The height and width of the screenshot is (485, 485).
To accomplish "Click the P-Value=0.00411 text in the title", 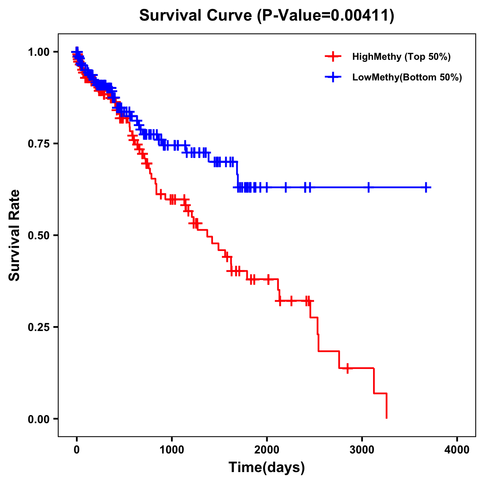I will (326, 15).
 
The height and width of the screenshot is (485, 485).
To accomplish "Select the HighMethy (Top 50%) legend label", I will (401, 57).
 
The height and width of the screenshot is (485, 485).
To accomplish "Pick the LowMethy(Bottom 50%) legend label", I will (407, 77).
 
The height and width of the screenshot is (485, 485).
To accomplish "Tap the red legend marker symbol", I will (333, 57).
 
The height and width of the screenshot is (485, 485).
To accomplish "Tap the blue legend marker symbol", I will (333, 77).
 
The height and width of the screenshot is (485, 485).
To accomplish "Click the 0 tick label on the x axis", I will (77, 450).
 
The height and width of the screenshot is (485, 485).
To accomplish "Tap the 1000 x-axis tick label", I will (172, 450).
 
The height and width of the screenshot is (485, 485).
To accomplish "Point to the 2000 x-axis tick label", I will (267, 450).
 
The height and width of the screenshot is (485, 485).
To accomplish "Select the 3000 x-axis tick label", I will (362, 450).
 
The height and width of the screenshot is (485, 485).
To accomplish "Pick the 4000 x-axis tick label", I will (457, 450).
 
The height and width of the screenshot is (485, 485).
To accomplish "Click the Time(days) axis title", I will (267, 468).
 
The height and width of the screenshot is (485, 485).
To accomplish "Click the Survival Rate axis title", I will (15, 235).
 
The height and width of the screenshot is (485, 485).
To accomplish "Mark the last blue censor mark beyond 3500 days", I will (426, 187).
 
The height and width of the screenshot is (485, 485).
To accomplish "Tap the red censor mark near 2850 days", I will (347, 368).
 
